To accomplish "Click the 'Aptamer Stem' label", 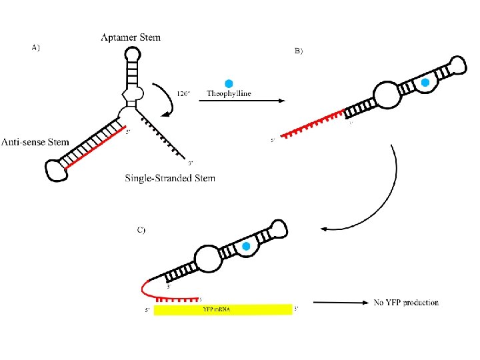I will coord(130,37).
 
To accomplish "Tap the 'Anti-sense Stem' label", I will coord(35,142).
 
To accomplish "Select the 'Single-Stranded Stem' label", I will coord(170,178).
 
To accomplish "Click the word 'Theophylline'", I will coord(229,94).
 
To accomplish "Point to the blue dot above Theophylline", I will coord(229,83).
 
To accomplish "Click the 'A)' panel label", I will coord(36,47).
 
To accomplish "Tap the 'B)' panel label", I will coord(298,51).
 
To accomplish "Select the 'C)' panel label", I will coord(141,230).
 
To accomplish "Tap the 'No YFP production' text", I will coord(406,303).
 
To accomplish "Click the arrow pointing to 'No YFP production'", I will coord(340,303).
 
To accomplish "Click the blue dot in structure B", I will coord(425,83).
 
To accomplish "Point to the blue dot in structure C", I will coord(245,247).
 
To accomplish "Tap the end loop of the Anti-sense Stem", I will coord(55,170).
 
